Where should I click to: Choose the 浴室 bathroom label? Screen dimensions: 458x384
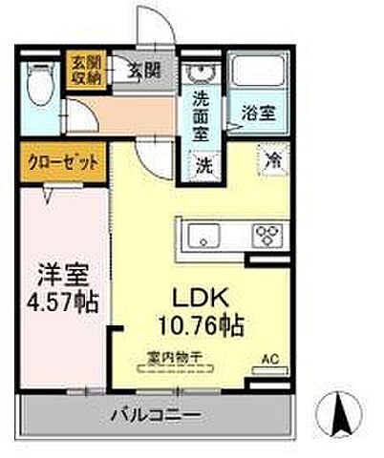tap(258, 112)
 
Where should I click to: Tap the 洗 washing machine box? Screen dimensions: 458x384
tap(204, 162)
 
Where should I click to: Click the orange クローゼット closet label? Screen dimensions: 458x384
tap(63, 162)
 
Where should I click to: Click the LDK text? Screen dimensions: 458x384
tap(200, 297)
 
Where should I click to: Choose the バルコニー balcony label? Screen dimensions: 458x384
tap(155, 415)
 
